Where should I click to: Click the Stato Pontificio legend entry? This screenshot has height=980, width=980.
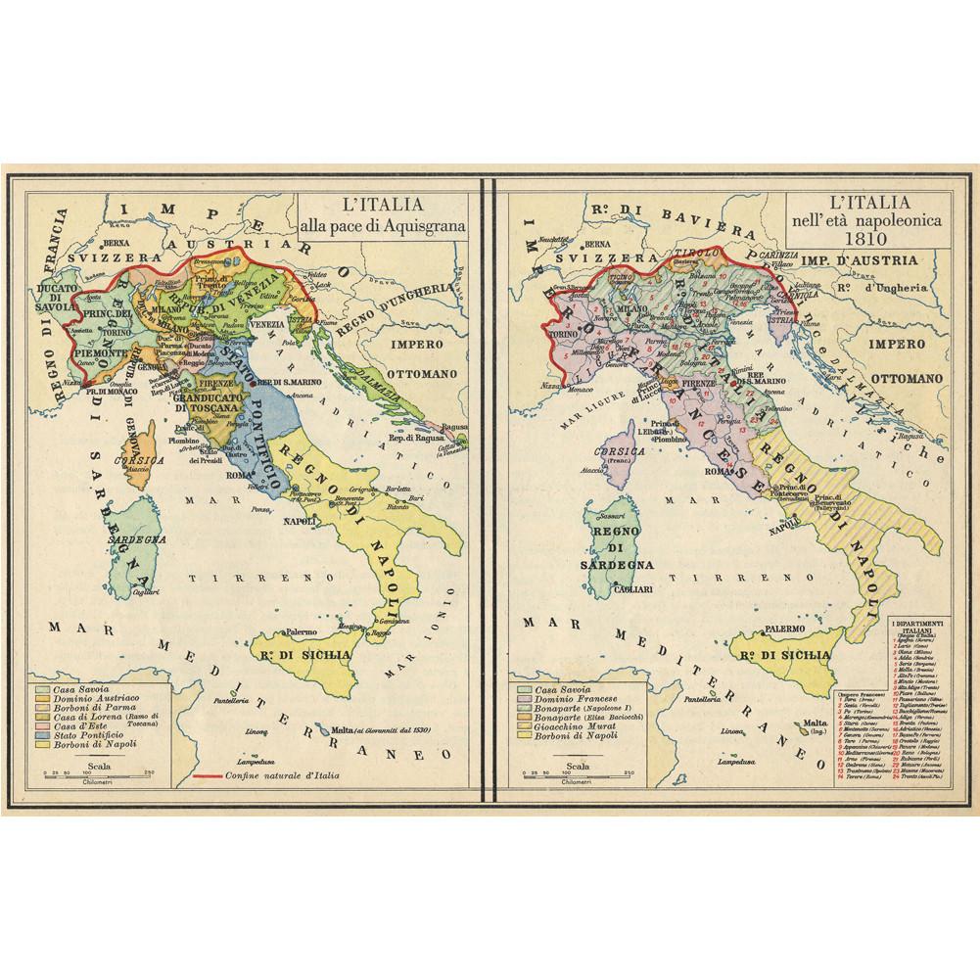pyautogui.click(x=96, y=733)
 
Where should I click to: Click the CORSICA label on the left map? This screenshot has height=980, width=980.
pyautogui.click(x=129, y=457)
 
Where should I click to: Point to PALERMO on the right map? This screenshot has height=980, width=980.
pyautogui.click(x=784, y=628)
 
